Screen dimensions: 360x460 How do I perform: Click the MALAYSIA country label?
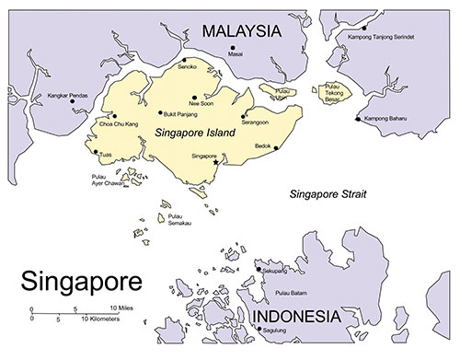pos(242,31)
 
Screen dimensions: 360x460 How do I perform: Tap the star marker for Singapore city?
pos(216,162)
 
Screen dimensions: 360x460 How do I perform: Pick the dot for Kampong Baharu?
pos(358,119)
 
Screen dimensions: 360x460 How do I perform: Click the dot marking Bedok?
pos(249,146)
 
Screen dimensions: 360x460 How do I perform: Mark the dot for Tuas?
pos(96,154)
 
